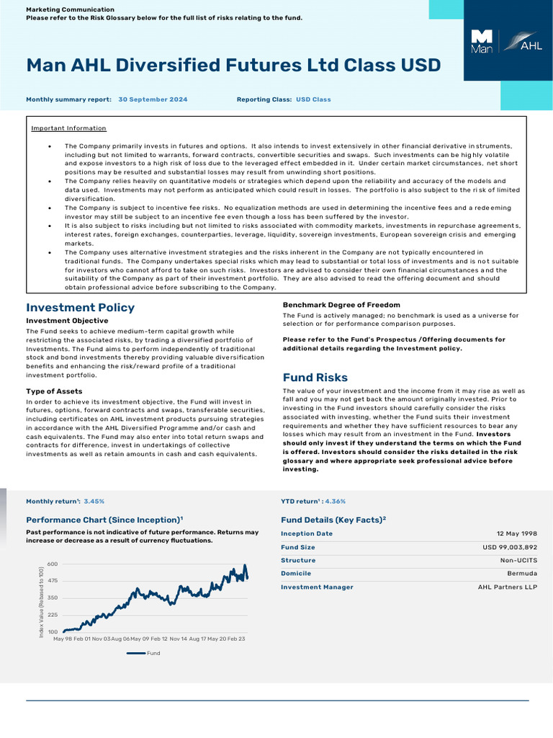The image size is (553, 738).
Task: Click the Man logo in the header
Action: (481, 42)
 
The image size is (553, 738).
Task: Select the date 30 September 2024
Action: (153, 99)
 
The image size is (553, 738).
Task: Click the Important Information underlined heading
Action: (68, 128)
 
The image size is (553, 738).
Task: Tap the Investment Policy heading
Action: (80, 308)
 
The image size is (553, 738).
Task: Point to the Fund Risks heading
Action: (315, 378)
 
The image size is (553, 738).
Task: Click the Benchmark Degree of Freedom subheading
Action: (341, 305)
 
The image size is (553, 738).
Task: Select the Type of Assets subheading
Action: (54, 391)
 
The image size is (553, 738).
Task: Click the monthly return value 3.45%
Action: (94, 501)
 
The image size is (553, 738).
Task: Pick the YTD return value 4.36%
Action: (335, 501)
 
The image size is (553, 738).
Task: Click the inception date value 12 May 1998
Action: (516, 534)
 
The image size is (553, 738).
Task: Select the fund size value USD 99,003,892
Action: (509, 547)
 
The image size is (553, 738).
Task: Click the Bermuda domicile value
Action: (522, 574)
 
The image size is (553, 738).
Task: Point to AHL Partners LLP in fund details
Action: (507, 587)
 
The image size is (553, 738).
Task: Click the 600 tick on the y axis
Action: (53, 564)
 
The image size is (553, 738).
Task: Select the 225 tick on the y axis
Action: (53, 615)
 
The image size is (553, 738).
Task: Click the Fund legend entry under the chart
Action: (153, 653)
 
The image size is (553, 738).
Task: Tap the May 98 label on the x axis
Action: (63, 639)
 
